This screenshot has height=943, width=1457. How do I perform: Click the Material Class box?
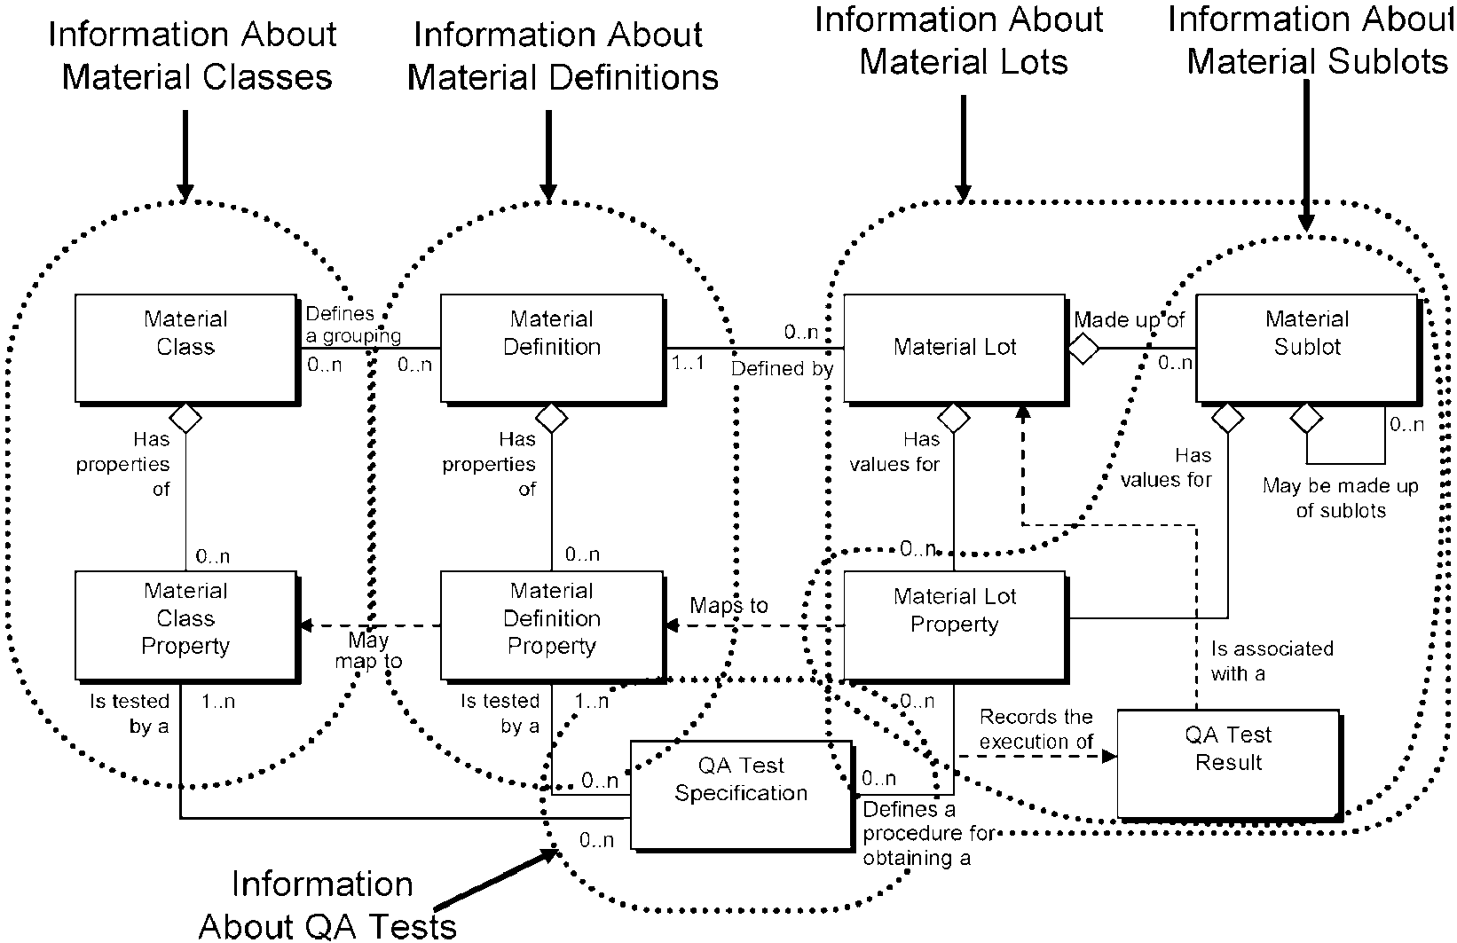[x=186, y=350]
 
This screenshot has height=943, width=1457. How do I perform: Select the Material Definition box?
[x=552, y=350]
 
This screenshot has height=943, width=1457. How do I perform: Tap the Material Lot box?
[x=956, y=350]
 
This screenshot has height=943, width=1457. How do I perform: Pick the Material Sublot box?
[x=1308, y=350]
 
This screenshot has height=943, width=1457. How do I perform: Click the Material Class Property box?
[x=186, y=626]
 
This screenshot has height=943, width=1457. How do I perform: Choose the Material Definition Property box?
[x=552, y=626]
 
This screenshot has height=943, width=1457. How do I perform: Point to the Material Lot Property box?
[x=956, y=626]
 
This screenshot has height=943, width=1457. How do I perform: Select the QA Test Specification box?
[x=742, y=795]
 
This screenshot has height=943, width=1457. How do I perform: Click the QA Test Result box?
[x=1229, y=764]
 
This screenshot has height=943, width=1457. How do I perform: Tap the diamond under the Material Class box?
[x=185, y=418]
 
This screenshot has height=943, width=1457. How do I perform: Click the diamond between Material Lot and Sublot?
[x=1083, y=349]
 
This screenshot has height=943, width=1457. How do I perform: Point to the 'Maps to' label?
[x=728, y=606]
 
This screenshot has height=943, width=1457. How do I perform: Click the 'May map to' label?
[x=368, y=650]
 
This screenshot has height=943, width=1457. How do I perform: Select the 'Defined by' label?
[x=782, y=369]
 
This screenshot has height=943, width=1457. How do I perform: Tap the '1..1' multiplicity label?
[x=689, y=362]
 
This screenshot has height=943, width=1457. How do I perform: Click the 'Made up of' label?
[x=1130, y=319]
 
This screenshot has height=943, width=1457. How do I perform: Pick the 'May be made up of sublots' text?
[x=1341, y=499]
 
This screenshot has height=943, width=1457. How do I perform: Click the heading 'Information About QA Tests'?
[x=327, y=905]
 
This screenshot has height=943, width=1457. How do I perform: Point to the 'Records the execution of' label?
[x=1036, y=729]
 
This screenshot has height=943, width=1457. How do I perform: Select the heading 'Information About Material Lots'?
[x=960, y=41]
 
